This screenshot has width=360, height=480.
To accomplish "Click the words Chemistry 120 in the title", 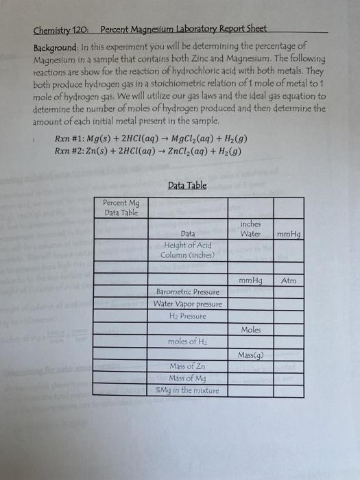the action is point(62,30).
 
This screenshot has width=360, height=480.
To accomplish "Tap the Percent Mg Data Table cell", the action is point(121,208).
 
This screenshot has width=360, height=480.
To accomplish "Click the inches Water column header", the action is point(250,228).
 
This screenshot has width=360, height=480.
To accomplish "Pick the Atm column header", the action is point(288,281).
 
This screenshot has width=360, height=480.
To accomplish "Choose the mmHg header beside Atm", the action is point(250,281).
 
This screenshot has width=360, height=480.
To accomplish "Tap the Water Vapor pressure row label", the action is point(188,304).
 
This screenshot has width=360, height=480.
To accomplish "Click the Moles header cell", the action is point(251,330).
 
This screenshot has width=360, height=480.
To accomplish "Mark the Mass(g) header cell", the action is point(251,355).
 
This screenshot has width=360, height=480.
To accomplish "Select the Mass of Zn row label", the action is point(188,367).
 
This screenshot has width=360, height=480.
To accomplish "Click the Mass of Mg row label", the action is point(188,379).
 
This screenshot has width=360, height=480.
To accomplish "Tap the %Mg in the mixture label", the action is point(188,390).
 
